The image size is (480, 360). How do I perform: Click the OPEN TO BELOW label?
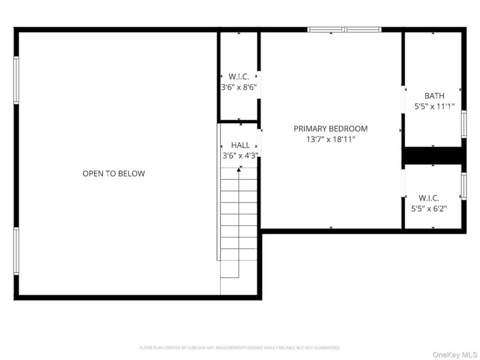coord(113,173)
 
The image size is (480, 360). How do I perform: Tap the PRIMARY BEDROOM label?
coord(330,128)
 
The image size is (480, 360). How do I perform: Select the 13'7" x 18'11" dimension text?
coord(330,139)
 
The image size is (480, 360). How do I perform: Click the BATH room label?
coord(435,96)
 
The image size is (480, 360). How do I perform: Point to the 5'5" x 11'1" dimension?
coord(435,106)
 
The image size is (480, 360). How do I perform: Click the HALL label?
coord(240,145)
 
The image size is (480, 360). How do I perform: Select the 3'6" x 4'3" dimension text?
coord(240,156)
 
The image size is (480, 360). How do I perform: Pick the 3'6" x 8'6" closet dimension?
coord(239,87)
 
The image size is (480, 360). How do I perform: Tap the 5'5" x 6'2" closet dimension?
coord(429,209)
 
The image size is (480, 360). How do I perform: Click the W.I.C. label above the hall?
coord(239,76)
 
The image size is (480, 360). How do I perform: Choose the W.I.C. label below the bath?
coord(429,198)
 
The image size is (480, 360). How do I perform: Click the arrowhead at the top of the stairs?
coord(239,170)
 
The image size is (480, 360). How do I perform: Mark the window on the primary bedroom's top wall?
coord(345,30)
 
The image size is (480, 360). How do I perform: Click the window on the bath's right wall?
coord(464,124)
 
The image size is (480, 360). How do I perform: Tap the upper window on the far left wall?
coord(16,80)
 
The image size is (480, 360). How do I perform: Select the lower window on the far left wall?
coord(16,251)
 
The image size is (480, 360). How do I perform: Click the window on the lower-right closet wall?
coord(464,187)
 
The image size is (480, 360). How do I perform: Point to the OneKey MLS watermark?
coord(455,355)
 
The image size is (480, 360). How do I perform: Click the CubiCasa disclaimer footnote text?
coord(240,348)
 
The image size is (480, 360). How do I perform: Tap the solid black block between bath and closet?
coord(433,156)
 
